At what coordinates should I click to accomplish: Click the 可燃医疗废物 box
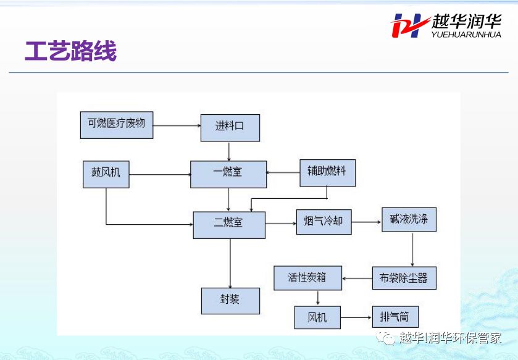[117, 125]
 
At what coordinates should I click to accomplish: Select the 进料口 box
[230, 128]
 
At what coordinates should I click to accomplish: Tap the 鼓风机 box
[106, 174]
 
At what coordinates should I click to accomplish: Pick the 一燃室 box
[228, 174]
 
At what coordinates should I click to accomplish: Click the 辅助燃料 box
[327, 173]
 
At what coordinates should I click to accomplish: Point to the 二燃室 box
[229, 225]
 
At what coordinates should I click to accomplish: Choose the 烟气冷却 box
[324, 222]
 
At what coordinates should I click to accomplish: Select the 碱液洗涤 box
[409, 220]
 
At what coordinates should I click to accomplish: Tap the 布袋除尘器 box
[404, 278]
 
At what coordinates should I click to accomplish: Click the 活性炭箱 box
[308, 278]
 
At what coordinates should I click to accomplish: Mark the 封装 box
[230, 301]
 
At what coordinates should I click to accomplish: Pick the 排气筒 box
[395, 317]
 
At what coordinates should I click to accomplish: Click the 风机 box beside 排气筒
[317, 317]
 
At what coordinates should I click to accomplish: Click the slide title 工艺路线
[71, 51]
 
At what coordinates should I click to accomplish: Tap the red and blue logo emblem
[409, 25]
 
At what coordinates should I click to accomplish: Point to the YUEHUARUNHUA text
[466, 35]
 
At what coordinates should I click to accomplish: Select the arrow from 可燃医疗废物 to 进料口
[177, 125]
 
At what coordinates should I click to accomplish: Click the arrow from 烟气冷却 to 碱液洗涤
[367, 222]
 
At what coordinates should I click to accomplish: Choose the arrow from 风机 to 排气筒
[356, 318]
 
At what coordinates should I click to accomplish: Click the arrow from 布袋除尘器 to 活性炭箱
[357, 278]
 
